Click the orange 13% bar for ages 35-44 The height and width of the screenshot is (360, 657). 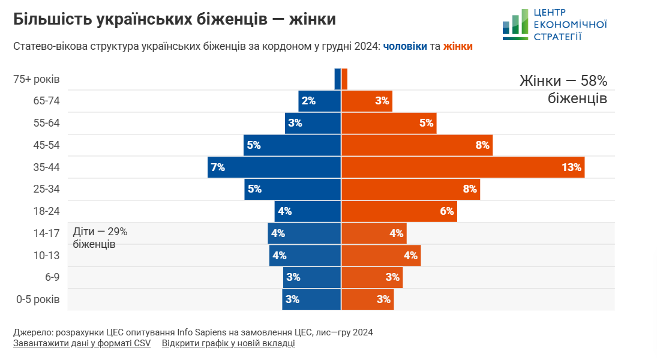[463, 167]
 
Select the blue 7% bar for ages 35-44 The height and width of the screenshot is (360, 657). [274, 167]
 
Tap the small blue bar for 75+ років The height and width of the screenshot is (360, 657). [338, 79]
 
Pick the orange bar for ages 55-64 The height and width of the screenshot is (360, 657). [389, 123]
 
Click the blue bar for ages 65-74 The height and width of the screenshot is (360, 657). [320, 101]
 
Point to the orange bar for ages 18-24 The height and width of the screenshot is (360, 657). [399, 211]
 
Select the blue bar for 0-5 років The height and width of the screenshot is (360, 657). [311, 299]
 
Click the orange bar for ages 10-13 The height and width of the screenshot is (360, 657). [381, 255]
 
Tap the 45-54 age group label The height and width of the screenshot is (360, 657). [47, 145]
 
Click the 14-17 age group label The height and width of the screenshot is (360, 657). [47, 233]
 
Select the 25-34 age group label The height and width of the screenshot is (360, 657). [47, 189]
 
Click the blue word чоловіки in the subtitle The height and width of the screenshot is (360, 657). [405, 46]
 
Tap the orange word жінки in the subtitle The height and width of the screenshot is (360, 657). [458, 46]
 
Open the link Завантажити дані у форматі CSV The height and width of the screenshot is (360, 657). [82, 344]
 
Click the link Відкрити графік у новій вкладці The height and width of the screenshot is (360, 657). [228, 344]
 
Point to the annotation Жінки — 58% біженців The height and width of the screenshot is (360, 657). [563, 89]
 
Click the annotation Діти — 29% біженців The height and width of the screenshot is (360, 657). [100, 238]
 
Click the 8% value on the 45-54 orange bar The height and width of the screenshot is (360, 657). [482, 145]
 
